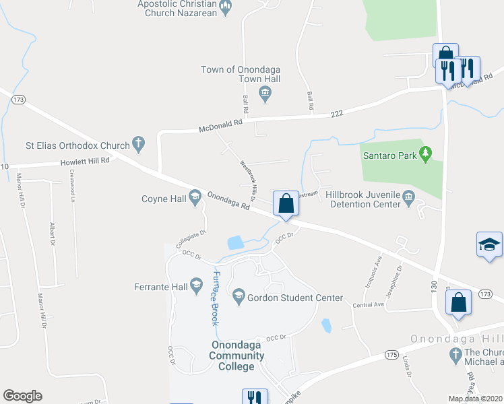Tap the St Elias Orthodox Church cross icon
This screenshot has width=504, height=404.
click(138, 143)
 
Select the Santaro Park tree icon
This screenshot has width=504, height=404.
click(425, 155)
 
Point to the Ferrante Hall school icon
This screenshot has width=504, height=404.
click(196, 285)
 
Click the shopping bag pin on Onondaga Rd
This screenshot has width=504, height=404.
click(286, 203)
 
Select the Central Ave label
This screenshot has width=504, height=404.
click(367, 305)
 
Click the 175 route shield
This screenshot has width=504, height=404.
click(392, 353)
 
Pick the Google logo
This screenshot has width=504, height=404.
click(22, 396)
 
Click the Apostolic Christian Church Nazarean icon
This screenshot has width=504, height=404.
click(226, 8)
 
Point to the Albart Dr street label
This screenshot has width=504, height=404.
click(53, 234)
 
